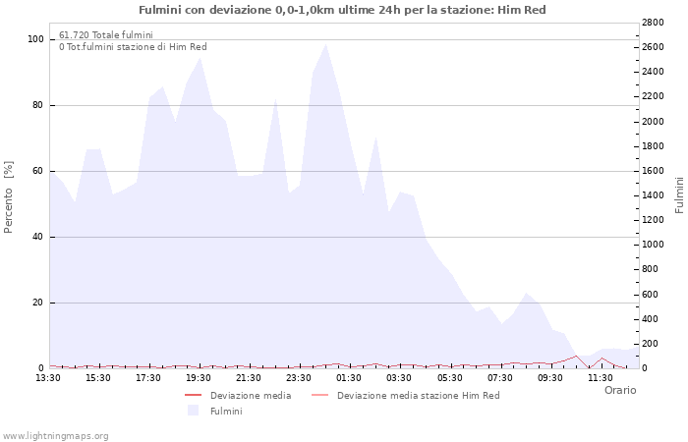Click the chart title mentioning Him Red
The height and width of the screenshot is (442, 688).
click(x=342, y=10)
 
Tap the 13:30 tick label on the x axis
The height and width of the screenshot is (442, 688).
click(x=48, y=377)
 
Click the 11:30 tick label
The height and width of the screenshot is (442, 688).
click(x=601, y=377)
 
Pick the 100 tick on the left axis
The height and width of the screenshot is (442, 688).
click(x=35, y=39)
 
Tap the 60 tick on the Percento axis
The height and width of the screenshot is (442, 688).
click(x=37, y=171)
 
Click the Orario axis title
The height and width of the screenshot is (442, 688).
click(x=619, y=390)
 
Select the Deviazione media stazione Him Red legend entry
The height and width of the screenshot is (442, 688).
click(x=418, y=396)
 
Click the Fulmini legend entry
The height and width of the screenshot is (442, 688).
click(x=225, y=412)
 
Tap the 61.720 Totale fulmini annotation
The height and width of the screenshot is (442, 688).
click(x=105, y=34)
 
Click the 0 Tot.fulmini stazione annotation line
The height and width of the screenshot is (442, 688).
click(x=133, y=46)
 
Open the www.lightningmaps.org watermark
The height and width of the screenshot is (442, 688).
click(x=56, y=435)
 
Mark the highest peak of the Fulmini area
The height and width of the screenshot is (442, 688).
click(x=325, y=44)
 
